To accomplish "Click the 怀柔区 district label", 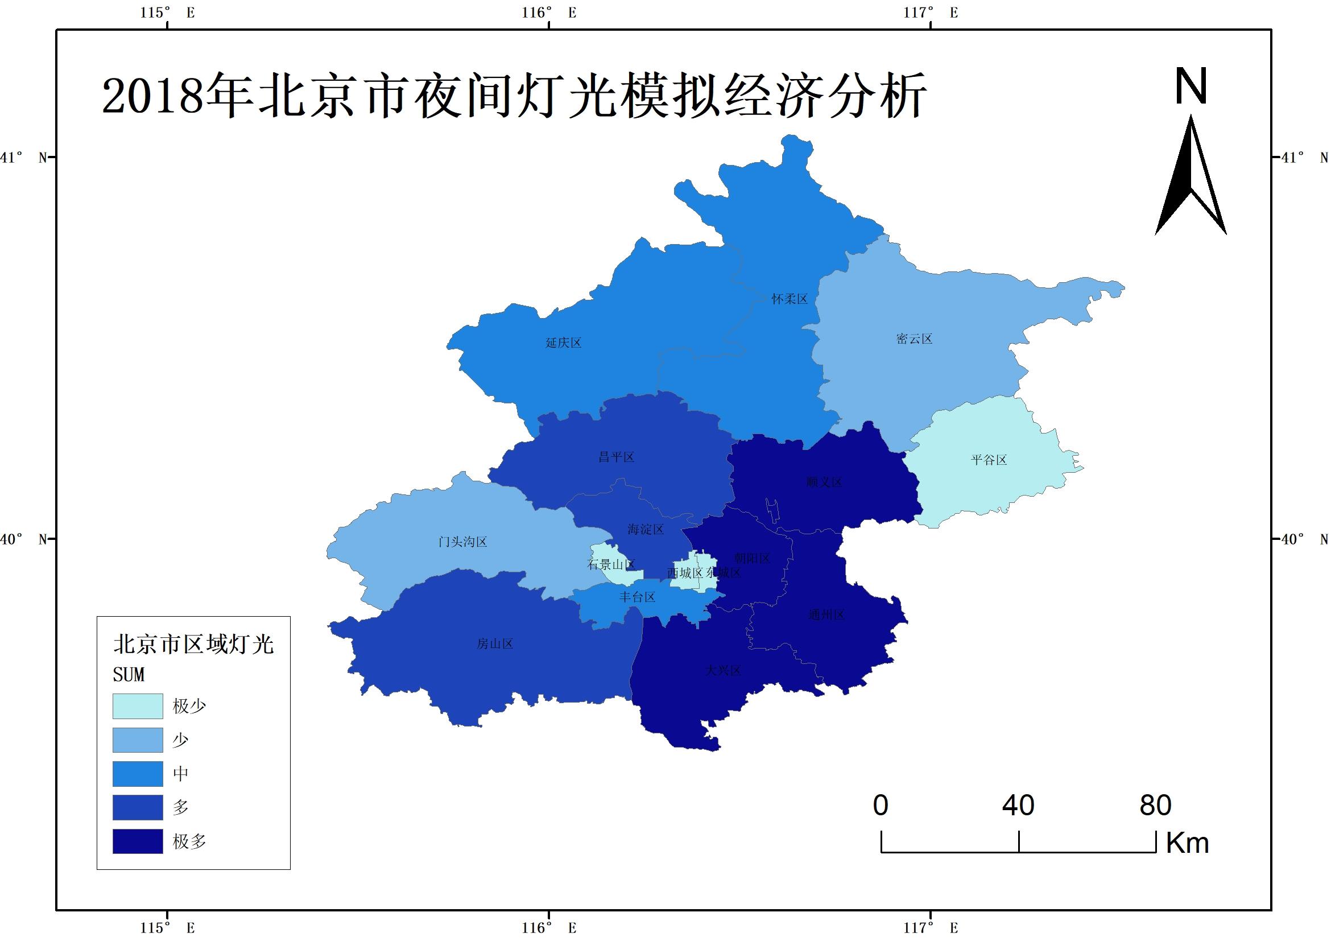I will [x=789, y=299].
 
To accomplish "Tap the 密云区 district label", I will [x=914, y=339].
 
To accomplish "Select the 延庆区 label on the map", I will [x=563, y=342].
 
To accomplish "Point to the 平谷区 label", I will [x=989, y=460].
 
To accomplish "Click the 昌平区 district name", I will [x=616, y=457].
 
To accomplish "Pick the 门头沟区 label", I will [x=462, y=542].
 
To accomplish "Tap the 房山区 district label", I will [x=494, y=644].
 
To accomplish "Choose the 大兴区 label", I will [x=723, y=671].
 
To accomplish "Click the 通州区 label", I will [x=826, y=615].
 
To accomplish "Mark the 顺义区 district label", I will [x=824, y=482].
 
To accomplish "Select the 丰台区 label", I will [x=637, y=597].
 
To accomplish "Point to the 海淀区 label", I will [x=645, y=529].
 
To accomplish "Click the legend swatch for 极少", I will [x=138, y=706].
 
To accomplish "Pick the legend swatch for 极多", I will [x=138, y=841].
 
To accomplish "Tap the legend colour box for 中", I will [x=138, y=774].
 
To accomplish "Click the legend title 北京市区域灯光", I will [x=193, y=644].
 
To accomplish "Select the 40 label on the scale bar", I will [x=1018, y=806].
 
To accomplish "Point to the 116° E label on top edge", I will [x=548, y=13].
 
